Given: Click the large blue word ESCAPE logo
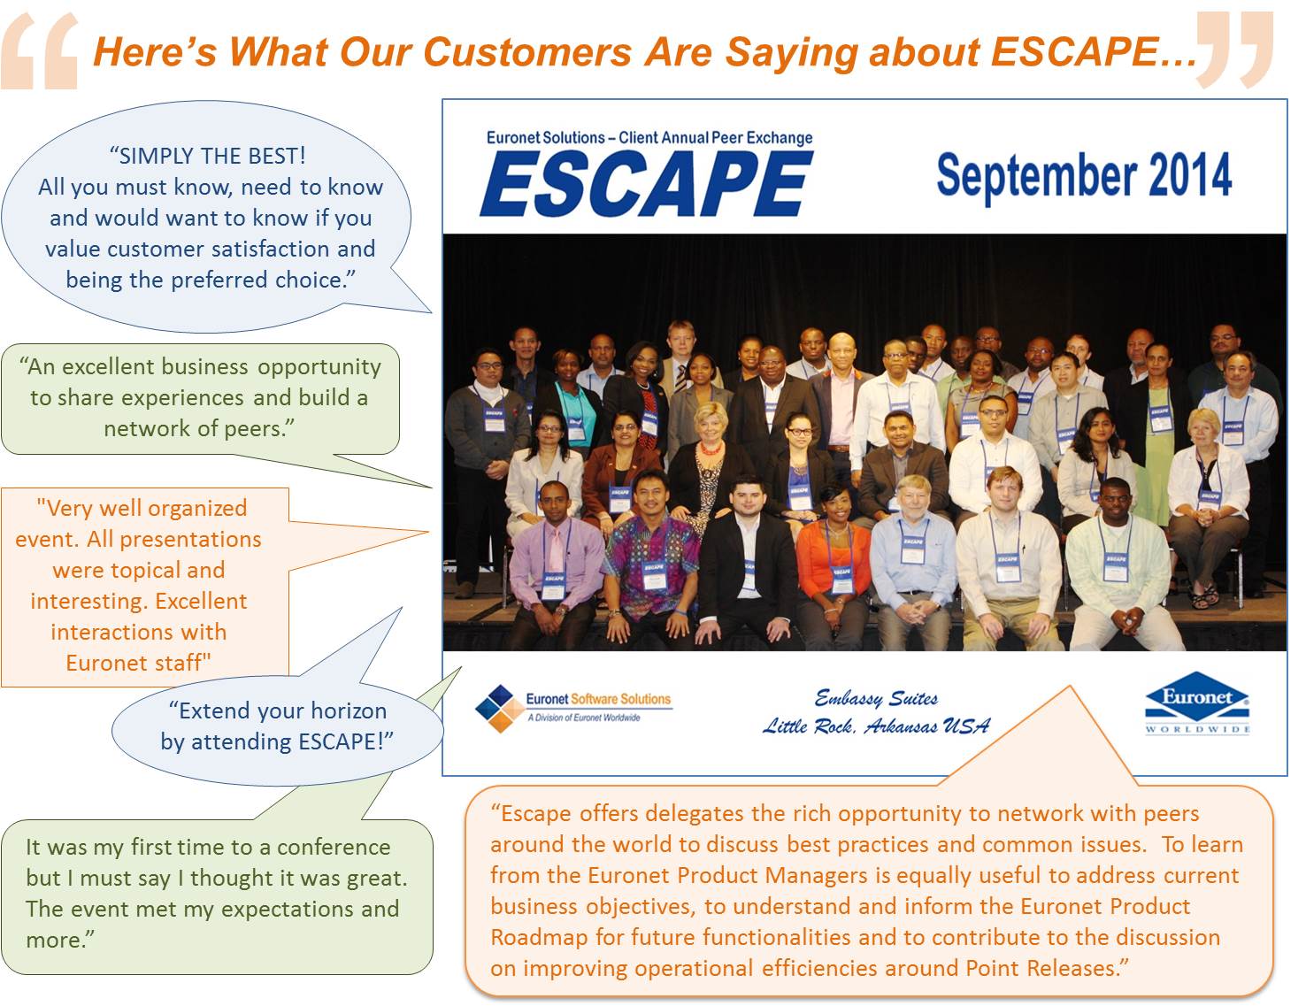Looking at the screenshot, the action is point(646,183).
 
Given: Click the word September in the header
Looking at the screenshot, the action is point(1037,176).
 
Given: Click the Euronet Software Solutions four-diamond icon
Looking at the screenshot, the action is point(500,709).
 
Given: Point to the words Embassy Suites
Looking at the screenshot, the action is point(876,698).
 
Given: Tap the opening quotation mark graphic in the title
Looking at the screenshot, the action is point(40,51).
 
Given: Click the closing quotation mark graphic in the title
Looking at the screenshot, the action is point(1233,50).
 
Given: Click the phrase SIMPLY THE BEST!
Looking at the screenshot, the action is point(207,156).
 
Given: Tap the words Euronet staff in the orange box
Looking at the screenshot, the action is point(139,662).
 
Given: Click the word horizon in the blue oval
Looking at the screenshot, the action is point(349,710).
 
